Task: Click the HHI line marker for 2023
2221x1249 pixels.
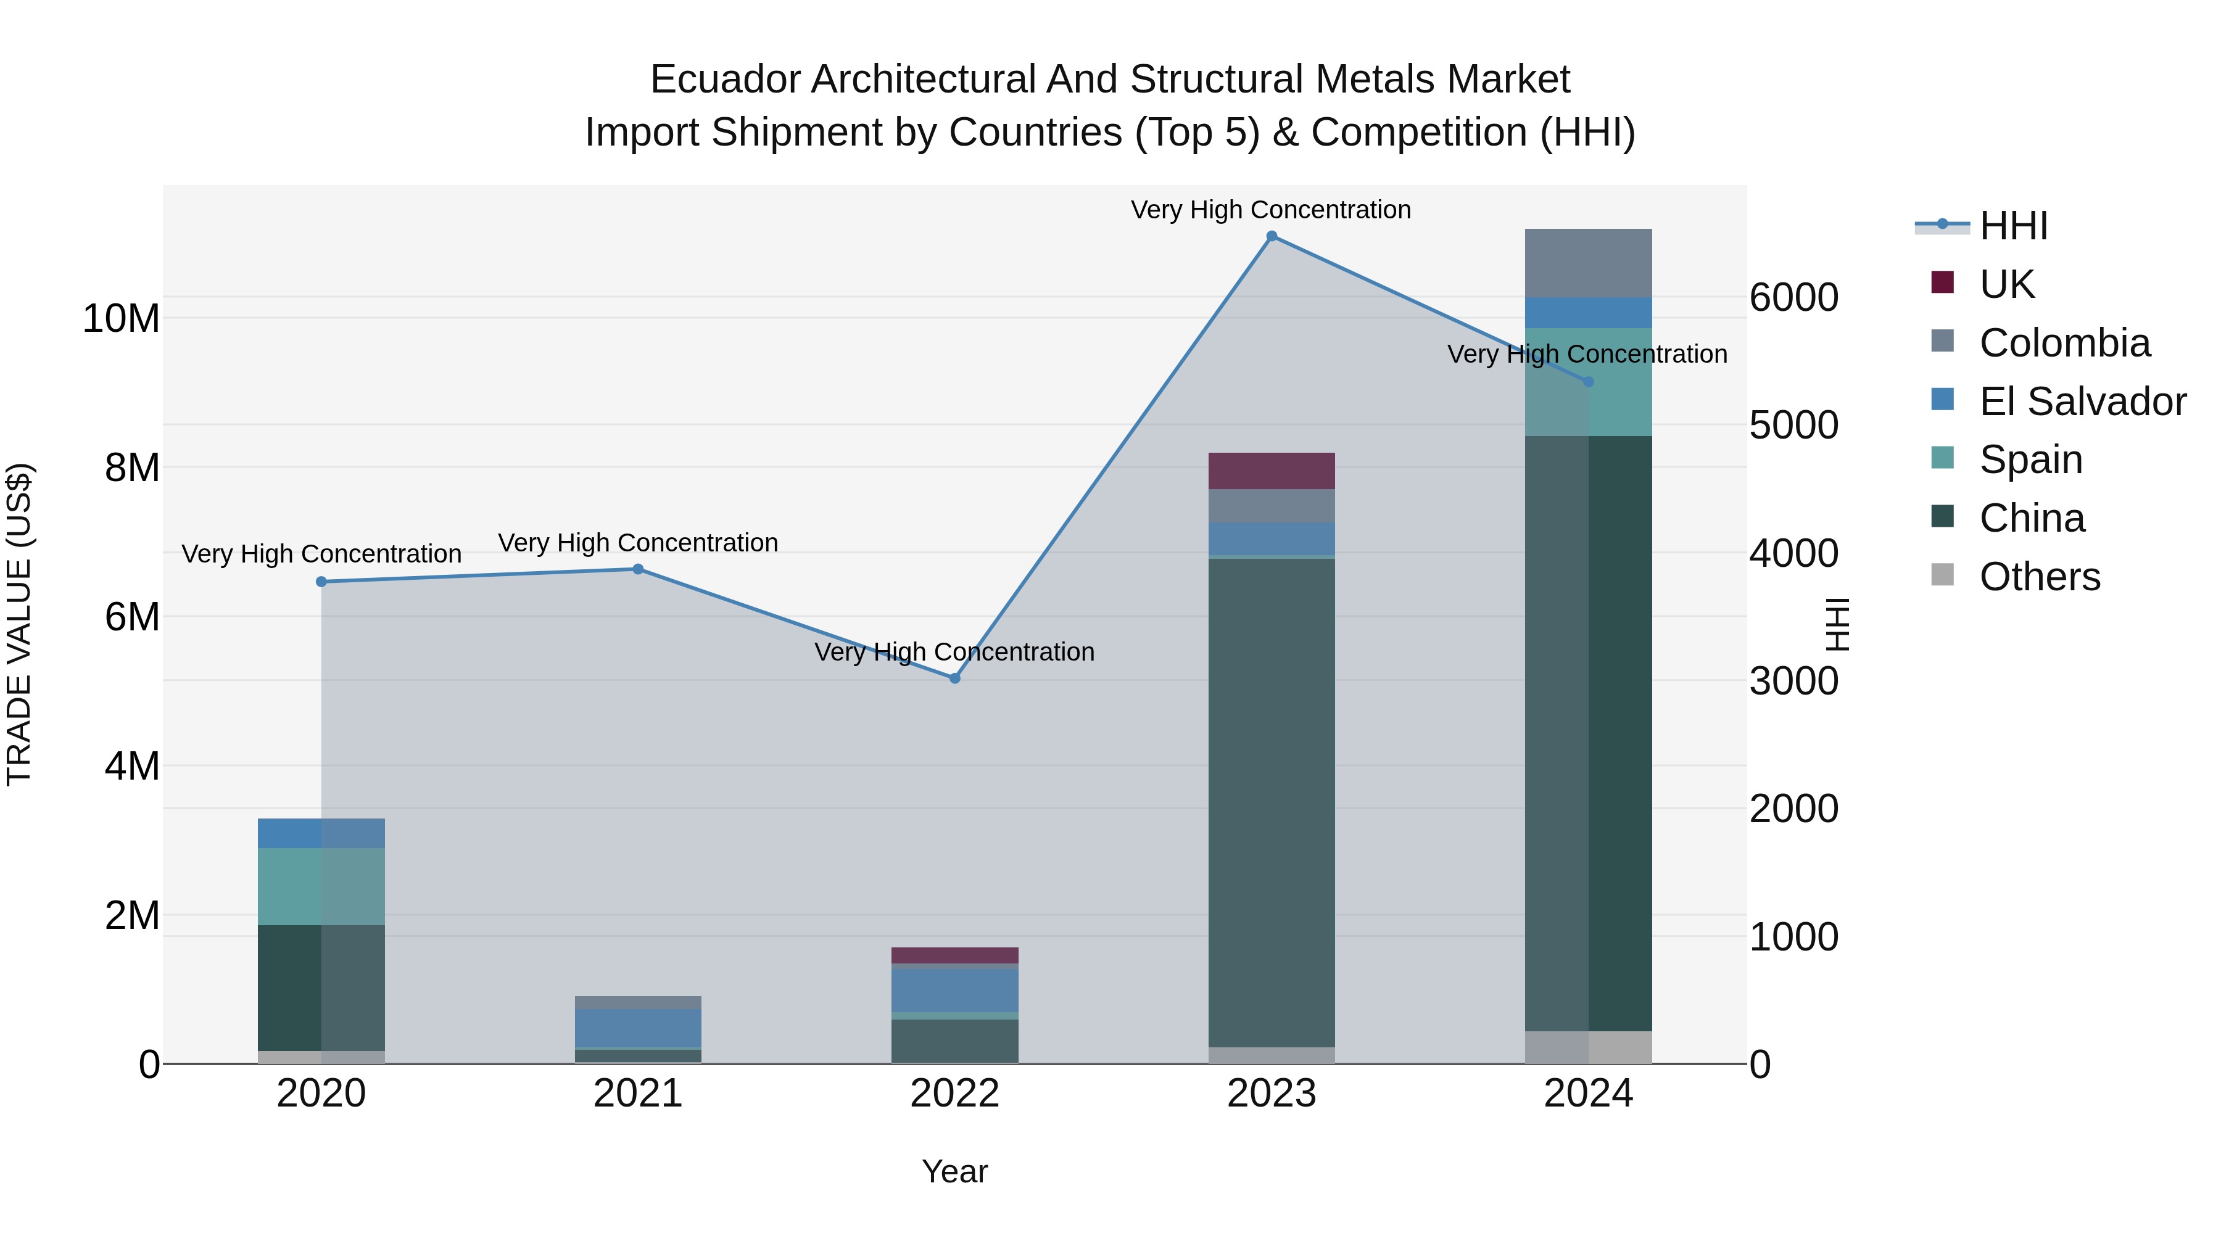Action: tap(1272, 236)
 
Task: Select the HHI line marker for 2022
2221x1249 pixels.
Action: tap(954, 678)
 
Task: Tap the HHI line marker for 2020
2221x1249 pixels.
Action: tap(321, 582)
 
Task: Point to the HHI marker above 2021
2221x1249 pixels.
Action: tap(638, 569)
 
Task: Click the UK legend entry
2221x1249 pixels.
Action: tap(2006, 284)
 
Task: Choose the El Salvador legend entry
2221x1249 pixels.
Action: tap(2082, 402)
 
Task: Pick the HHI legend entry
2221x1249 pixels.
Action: tap(2013, 226)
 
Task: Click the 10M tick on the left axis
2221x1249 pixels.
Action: tap(121, 319)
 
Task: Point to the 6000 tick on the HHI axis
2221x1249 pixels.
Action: tap(1794, 299)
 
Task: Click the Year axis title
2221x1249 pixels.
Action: tap(954, 1171)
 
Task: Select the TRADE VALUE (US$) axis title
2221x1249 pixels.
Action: tap(19, 624)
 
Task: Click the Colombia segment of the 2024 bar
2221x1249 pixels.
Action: tap(1588, 263)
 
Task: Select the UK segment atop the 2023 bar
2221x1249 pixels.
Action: tap(1272, 471)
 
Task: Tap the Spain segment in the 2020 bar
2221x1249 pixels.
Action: tap(321, 886)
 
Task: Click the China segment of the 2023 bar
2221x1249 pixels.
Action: tap(1272, 802)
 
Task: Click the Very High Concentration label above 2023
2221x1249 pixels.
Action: tap(1271, 210)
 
